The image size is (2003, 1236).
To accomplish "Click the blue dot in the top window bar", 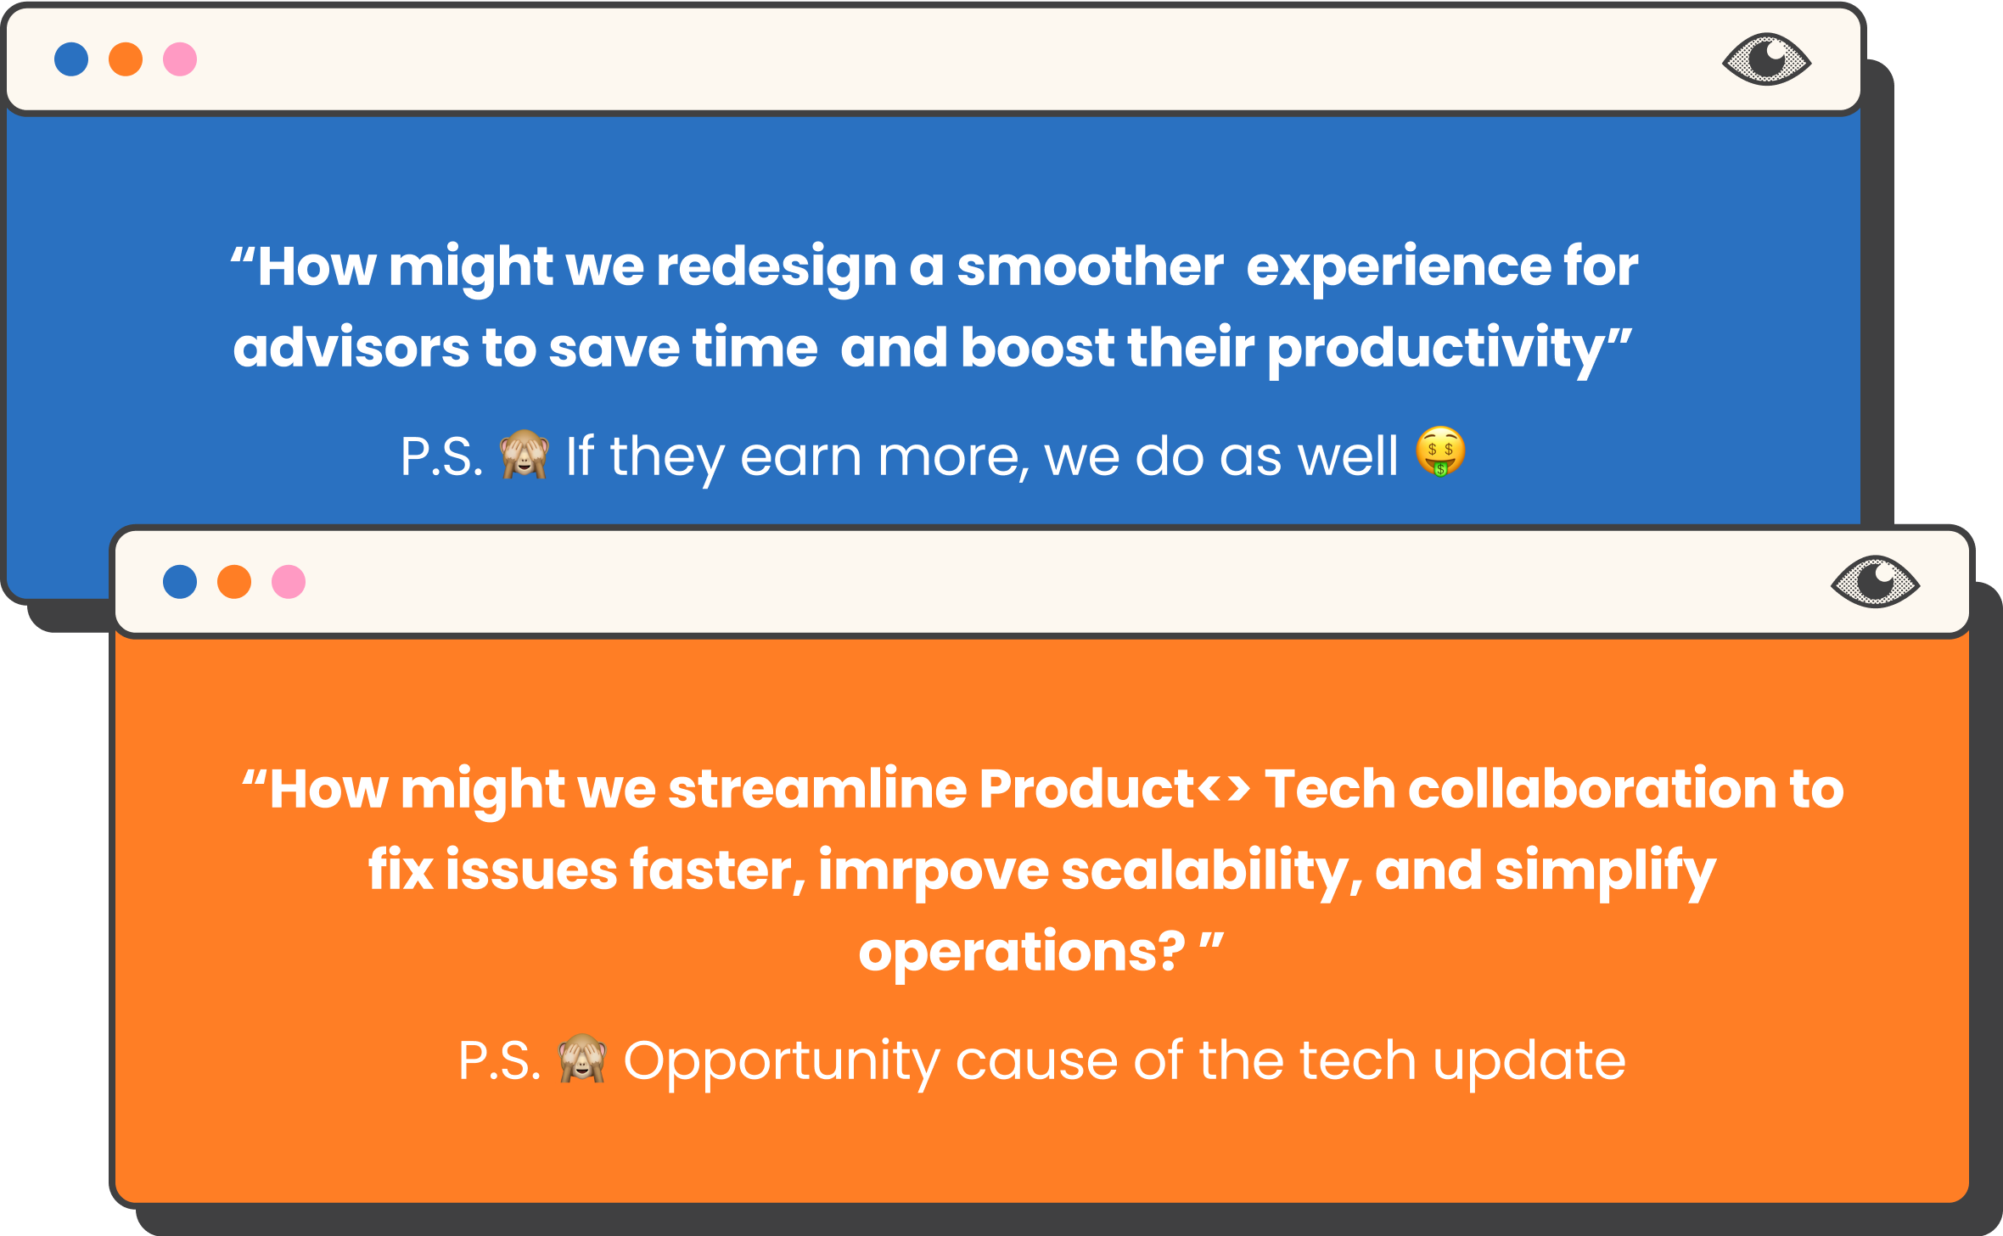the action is (71, 59).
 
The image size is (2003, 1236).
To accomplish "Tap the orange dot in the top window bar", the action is (126, 59).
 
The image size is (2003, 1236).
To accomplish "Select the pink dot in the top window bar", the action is (180, 59).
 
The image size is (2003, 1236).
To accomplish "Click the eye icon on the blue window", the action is (1767, 59).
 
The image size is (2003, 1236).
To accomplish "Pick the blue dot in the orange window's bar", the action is (180, 582).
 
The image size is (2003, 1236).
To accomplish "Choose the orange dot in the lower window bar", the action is (234, 582).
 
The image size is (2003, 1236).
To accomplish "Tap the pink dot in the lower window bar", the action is (289, 582).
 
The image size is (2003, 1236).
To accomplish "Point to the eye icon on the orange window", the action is (1876, 582).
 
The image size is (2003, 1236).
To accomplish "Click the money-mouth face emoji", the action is (1440, 451).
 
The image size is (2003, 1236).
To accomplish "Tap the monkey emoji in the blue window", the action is (525, 454).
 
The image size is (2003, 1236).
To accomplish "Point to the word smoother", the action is (1091, 266).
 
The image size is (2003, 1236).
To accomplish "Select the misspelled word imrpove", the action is (934, 873).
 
